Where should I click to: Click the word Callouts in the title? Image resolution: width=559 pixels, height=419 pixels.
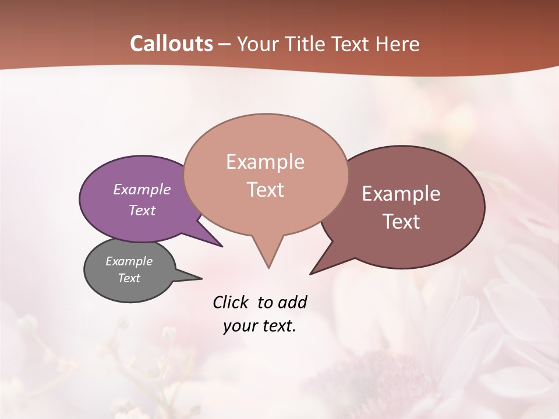pos(171,44)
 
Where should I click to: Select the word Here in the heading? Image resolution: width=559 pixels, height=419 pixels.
pos(398,44)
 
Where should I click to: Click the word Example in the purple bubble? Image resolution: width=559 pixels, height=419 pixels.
pos(142,189)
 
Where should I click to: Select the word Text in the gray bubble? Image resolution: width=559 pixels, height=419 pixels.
pos(129,278)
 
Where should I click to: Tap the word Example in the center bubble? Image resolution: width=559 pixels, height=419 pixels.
pos(265,162)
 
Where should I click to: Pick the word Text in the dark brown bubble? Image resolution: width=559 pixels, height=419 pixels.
pos(402,222)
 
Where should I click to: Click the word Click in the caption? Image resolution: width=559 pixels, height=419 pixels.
pos(230,302)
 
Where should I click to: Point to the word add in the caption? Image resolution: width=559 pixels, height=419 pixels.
pos(292,302)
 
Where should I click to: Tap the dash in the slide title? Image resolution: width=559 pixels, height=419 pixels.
pos(225,44)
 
